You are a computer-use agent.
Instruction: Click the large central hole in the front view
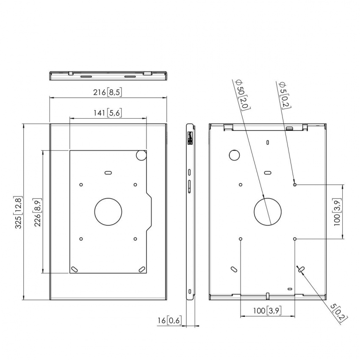click(108, 211)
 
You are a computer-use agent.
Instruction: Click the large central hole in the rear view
click(268, 211)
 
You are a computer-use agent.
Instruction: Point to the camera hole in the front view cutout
click(141, 156)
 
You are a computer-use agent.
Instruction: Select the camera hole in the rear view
click(234, 155)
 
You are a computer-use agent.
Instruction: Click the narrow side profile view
click(190, 212)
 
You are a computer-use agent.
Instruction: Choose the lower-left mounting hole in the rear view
click(241, 239)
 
